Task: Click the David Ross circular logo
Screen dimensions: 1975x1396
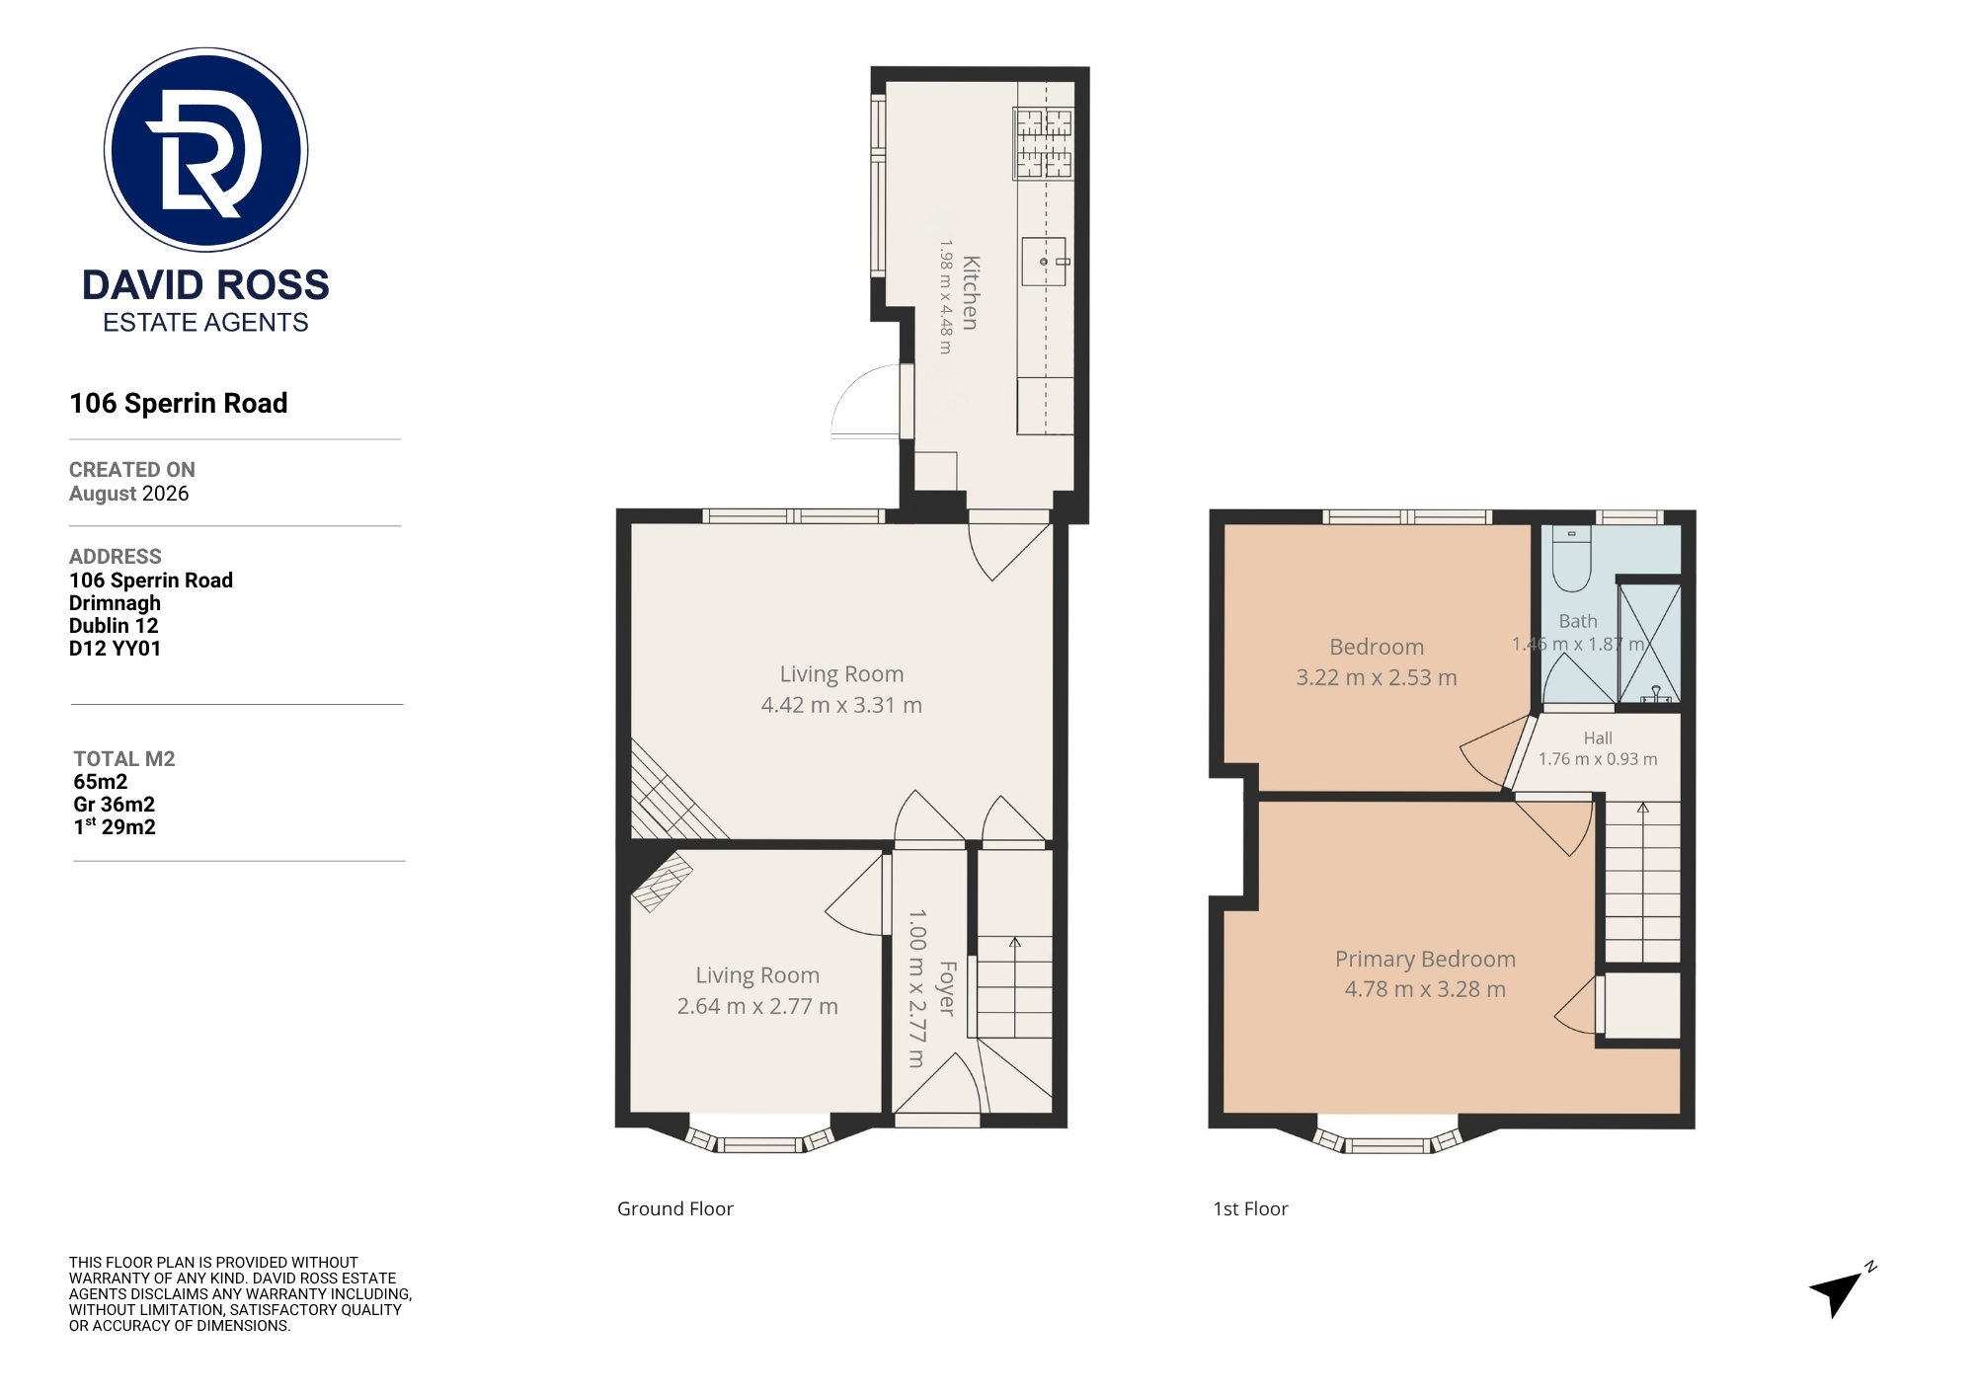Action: pyautogui.click(x=205, y=149)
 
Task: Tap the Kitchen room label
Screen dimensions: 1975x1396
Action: pyautogui.click(x=971, y=293)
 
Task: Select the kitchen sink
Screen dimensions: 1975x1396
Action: pyautogui.click(x=1045, y=261)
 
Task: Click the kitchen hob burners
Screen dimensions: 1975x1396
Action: pyautogui.click(x=1044, y=144)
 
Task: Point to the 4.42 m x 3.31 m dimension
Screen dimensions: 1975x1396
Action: pyautogui.click(x=841, y=705)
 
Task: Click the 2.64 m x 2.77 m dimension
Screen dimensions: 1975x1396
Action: pyautogui.click(x=757, y=1006)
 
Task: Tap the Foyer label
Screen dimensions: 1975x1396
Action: pyautogui.click(x=946, y=988)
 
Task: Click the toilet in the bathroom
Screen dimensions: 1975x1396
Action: pyautogui.click(x=1571, y=558)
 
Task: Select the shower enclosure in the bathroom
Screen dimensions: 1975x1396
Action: pyautogui.click(x=1649, y=644)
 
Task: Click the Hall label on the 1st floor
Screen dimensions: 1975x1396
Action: pyautogui.click(x=1598, y=737)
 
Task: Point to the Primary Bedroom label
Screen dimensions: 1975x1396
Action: pyautogui.click(x=1425, y=959)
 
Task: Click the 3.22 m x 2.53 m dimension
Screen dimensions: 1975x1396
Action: pyautogui.click(x=1377, y=677)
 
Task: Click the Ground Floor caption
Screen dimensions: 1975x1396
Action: pyautogui.click(x=675, y=1208)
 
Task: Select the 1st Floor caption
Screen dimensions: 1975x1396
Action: pyautogui.click(x=1250, y=1208)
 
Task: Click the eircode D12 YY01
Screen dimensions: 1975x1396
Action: pyautogui.click(x=115, y=649)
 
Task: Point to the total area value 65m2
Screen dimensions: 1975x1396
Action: pyautogui.click(x=100, y=782)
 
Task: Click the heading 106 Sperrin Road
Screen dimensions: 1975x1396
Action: pyautogui.click(x=179, y=403)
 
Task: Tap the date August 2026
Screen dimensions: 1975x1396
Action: pyautogui.click(x=128, y=494)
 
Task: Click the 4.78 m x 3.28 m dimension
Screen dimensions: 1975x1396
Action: pyautogui.click(x=1425, y=989)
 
